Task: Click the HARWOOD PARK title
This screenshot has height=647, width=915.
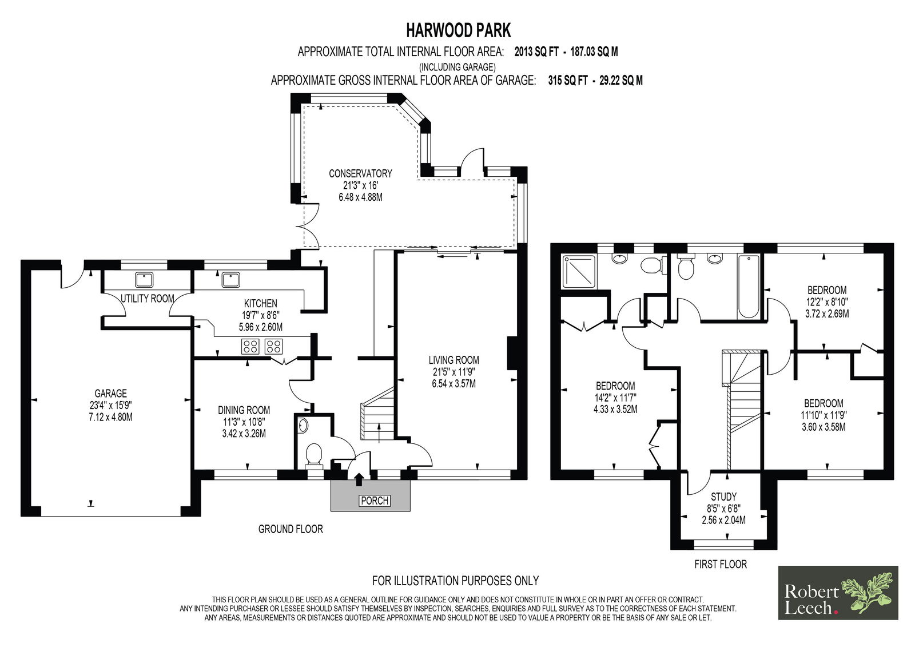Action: point(458,30)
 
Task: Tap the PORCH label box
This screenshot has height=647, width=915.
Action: point(375,501)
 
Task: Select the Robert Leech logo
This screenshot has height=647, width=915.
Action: point(838,593)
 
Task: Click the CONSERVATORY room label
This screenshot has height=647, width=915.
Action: point(360,174)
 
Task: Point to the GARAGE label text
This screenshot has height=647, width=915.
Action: point(111,394)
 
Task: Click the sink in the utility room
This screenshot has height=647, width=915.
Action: point(144,280)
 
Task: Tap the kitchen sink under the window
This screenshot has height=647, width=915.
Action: point(231,280)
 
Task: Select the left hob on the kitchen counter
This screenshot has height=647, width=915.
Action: point(249,347)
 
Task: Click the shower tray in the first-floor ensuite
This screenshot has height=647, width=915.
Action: point(579,271)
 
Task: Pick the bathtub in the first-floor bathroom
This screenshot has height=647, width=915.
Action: point(749,287)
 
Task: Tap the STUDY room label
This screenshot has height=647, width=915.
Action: point(724,497)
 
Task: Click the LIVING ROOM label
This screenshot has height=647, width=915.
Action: point(454,360)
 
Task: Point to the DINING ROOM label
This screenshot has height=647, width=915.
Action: point(244,410)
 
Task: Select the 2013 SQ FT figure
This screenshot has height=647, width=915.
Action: point(536,52)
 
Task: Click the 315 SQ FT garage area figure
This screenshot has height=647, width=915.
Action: point(568,81)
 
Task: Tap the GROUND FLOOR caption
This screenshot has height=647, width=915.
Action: point(291,529)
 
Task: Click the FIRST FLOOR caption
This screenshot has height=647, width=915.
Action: point(721,565)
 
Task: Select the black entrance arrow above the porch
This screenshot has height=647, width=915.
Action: point(359,480)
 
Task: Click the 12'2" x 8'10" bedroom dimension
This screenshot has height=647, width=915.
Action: point(827,302)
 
